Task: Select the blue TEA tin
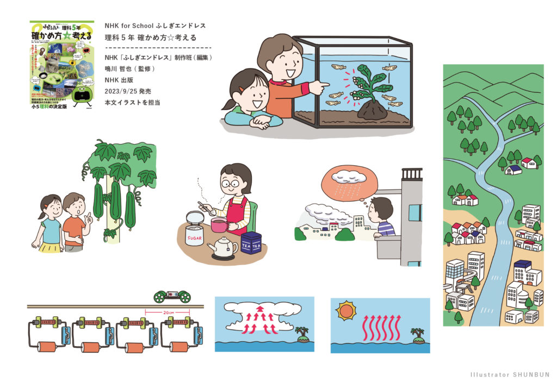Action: click(x=251, y=242)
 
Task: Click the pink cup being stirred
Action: click(x=219, y=224)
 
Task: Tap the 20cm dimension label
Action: click(x=168, y=312)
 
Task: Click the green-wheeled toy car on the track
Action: click(x=172, y=296)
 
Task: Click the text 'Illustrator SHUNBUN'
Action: click(x=510, y=374)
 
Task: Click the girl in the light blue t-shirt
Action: click(x=50, y=224)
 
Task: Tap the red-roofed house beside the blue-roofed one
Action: click(x=528, y=162)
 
